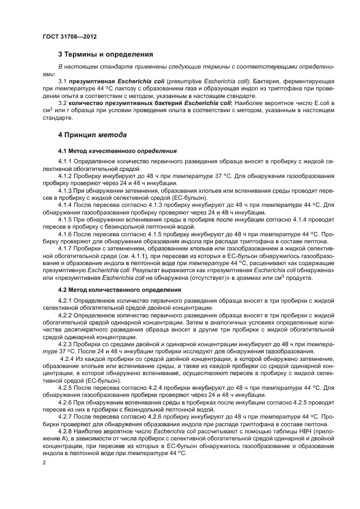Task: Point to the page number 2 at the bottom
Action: click(x=45, y=462)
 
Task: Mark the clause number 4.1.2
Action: click(x=66, y=176)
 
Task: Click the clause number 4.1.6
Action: click(x=66, y=233)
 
